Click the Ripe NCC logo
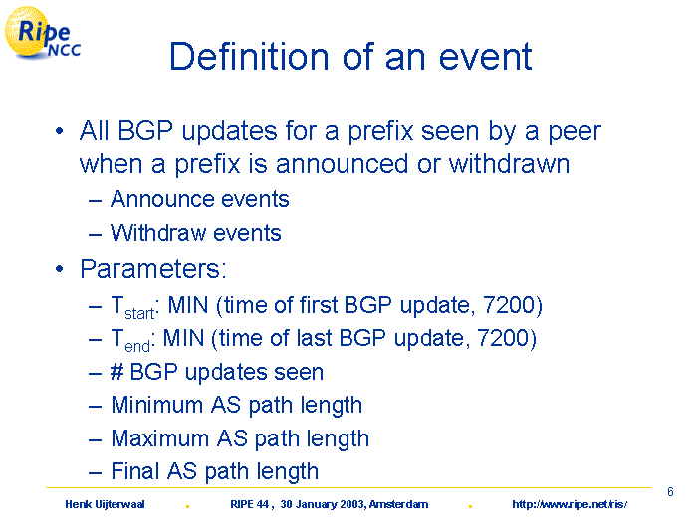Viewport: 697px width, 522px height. (42, 33)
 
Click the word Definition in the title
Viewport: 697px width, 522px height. (249, 57)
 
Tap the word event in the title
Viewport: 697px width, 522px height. (486, 57)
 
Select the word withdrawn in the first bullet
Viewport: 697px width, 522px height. (509, 163)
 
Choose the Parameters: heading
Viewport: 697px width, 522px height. (153, 268)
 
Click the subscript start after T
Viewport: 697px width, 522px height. (139, 314)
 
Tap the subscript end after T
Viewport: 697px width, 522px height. (137, 346)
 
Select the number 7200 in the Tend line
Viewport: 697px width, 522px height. (503, 338)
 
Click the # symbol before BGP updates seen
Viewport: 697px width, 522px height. (116, 371)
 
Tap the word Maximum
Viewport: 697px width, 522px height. (160, 438)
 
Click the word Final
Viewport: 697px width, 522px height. (135, 471)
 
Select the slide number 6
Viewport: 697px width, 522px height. (670, 492)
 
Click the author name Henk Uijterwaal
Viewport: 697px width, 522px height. (105, 504)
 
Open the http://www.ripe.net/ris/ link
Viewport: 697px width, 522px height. (570, 504)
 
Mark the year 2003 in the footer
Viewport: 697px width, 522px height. (352, 504)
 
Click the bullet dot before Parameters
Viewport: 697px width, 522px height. (59, 269)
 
